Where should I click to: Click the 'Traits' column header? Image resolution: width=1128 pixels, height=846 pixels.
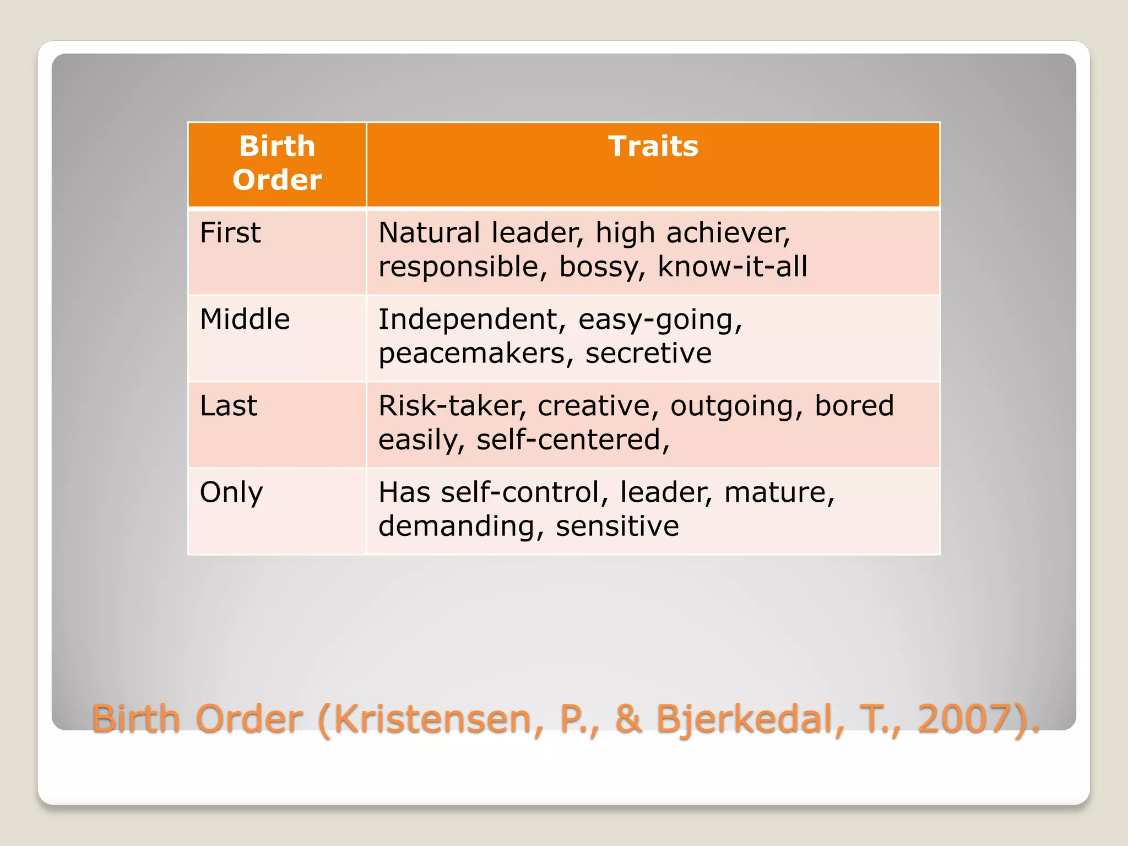click(x=653, y=147)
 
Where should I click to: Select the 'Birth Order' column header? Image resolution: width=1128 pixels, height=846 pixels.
click(x=277, y=163)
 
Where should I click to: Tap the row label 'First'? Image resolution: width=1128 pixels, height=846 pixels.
click(x=230, y=232)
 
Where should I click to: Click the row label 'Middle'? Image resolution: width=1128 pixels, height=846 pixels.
click(x=245, y=319)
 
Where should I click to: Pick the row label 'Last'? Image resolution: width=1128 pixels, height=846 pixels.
click(x=229, y=406)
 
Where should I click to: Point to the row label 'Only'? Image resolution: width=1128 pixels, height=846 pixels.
click(x=231, y=492)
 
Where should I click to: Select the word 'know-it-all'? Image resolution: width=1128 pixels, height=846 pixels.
click(x=733, y=267)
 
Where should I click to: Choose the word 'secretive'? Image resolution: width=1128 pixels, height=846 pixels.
click(x=648, y=353)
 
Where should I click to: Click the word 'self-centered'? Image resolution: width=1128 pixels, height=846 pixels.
click(x=572, y=440)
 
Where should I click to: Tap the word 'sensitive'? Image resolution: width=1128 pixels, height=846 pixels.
click(x=617, y=526)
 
